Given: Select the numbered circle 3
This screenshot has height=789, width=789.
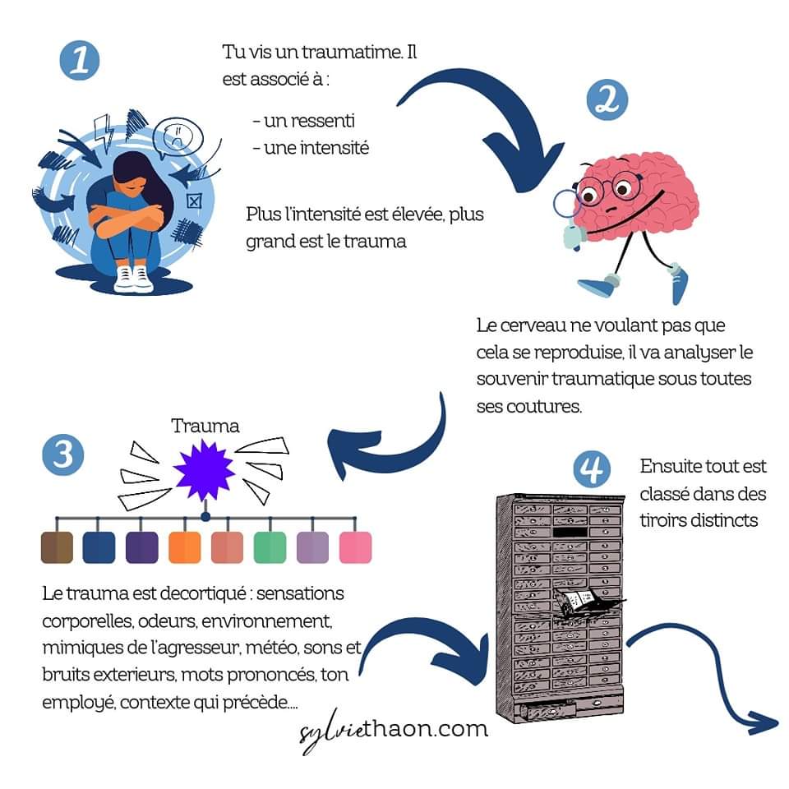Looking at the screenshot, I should pos(62,454).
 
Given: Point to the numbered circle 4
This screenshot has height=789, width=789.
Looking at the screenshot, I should pos(593,470).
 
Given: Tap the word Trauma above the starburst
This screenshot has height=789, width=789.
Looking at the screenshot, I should pos(205,426).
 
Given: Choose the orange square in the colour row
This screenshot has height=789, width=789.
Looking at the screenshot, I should pos(184,547).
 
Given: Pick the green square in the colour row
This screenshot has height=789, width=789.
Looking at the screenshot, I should pos(270,547).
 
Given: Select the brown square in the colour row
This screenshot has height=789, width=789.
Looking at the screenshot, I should pos(57,547).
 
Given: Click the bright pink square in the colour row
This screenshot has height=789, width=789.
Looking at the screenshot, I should pos(355,547).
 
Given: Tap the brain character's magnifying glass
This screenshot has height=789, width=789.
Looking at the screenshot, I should pos(566,204).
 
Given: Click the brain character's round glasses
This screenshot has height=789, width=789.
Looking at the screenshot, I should pos(605,191).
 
